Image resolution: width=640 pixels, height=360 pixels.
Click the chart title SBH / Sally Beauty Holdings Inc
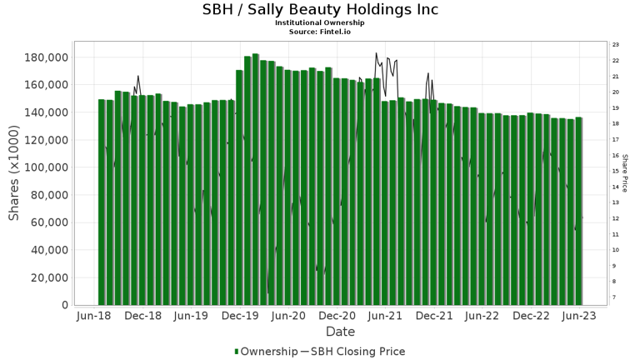coord(320,10)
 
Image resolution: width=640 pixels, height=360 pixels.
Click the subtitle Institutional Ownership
coord(320,22)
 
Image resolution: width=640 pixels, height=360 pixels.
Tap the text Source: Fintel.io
coord(320,31)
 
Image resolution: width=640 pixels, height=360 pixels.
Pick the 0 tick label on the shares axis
coord(64,305)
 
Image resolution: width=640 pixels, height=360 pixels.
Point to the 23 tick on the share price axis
coord(615,44)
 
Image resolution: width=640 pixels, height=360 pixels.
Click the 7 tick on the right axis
coord(614,297)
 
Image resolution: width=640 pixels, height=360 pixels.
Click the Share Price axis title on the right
coord(625,172)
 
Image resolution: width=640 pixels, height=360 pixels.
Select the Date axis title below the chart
coord(340,332)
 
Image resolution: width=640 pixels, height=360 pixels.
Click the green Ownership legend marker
coord(236,352)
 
